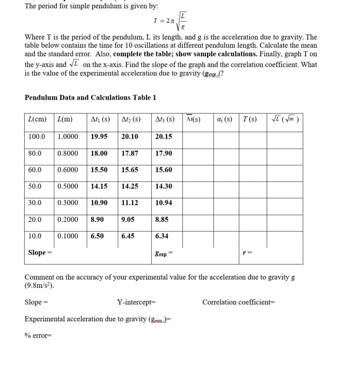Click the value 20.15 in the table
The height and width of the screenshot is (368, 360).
(164, 136)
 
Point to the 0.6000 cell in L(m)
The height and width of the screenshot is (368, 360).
(68, 170)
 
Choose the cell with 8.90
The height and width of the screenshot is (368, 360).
(97, 219)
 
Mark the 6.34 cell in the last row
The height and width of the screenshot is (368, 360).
(162, 236)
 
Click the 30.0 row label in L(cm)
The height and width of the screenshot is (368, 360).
(35, 203)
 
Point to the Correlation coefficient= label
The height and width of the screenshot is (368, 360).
(239, 302)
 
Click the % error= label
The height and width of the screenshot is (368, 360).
(38, 335)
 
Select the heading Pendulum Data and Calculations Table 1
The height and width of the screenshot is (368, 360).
(90, 98)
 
